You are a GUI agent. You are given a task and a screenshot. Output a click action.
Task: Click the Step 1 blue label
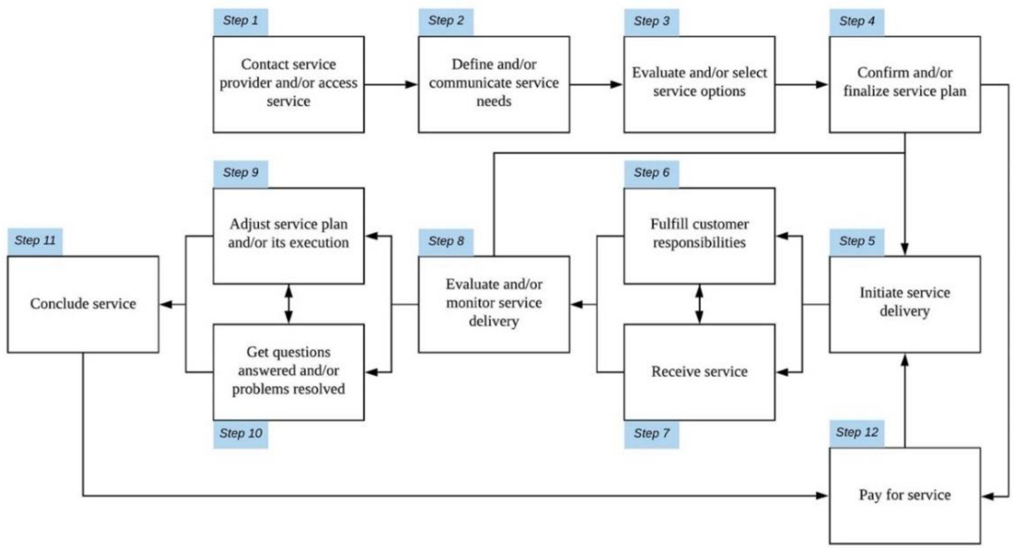(x=241, y=21)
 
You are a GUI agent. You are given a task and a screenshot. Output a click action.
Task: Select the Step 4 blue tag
(x=856, y=21)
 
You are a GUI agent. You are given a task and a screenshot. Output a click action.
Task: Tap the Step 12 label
(x=856, y=432)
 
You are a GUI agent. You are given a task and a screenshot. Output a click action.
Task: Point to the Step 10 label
(x=241, y=434)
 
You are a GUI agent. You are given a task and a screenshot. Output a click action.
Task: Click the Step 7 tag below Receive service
(x=651, y=434)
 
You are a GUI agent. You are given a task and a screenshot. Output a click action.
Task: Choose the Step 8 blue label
(x=446, y=241)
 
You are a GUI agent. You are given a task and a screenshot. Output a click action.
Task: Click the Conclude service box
(x=83, y=304)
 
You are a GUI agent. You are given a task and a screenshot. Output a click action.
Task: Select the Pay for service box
(x=904, y=495)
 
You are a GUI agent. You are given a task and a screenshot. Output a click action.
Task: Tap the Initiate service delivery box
(x=904, y=304)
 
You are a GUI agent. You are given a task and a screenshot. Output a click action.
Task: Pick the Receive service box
(x=699, y=372)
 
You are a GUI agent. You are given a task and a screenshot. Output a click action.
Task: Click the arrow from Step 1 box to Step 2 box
(x=391, y=84)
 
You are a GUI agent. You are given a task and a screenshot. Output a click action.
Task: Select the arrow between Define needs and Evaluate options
(x=596, y=84)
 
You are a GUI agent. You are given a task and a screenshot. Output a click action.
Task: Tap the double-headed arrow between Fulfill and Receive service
(x=699, y=304)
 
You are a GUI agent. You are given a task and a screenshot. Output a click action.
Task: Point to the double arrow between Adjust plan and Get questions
(x=289, y=304)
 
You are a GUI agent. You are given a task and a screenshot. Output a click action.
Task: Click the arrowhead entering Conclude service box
(x=166, y=304)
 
